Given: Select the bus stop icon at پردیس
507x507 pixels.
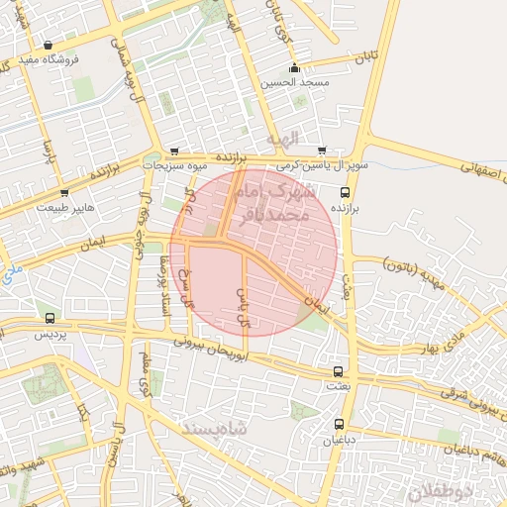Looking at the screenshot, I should click(x=50, y=319).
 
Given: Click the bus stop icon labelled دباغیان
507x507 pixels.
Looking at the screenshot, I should click(x=340, y=423).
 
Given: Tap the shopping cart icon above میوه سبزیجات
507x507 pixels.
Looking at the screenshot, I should click(x=175, y=152).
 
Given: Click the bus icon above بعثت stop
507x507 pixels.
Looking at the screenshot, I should click(x=340, y=371).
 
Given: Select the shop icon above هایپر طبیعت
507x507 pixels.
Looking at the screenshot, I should click(x=64, y=193).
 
